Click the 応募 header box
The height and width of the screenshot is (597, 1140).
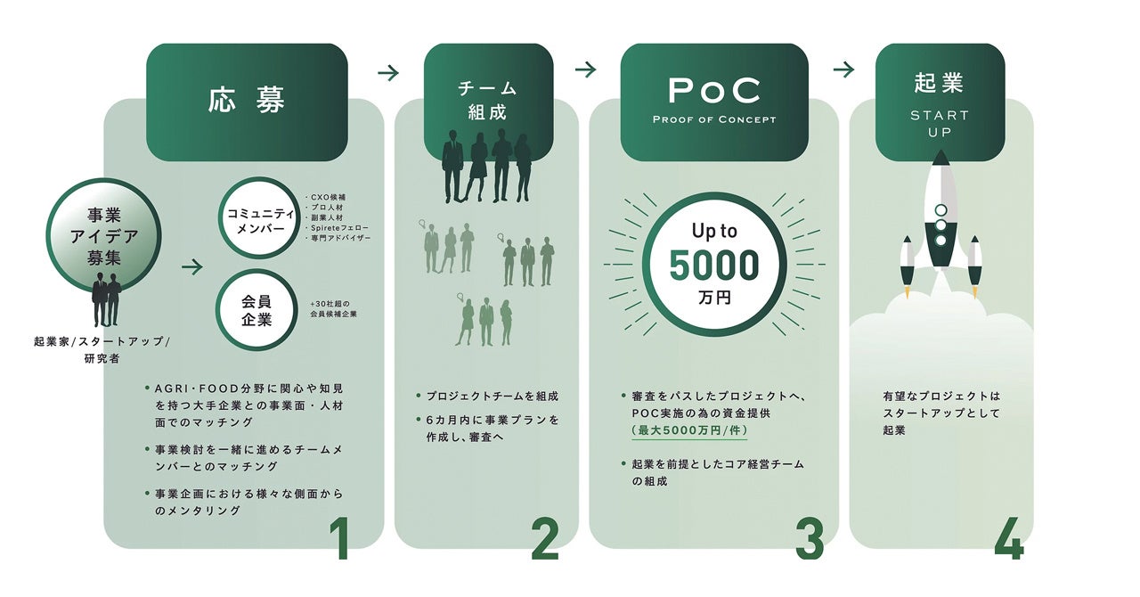coord(247,102)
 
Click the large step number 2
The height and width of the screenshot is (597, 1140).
coord(545,538)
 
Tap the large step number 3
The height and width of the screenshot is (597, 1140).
coord(810,538)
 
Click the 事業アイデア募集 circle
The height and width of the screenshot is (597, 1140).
coord(103,235)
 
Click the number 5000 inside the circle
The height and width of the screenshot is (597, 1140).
coord(714,266)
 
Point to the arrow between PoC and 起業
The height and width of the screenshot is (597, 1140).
coord(843,70)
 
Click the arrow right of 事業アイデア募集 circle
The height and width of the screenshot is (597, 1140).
coord(192,266)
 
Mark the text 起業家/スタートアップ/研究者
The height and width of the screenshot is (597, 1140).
coord(101,351)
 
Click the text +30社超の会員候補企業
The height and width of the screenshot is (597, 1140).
coord(334,308)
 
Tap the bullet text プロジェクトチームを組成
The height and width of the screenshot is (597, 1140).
coord(491,396)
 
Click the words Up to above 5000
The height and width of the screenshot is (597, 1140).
coord(714,232)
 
